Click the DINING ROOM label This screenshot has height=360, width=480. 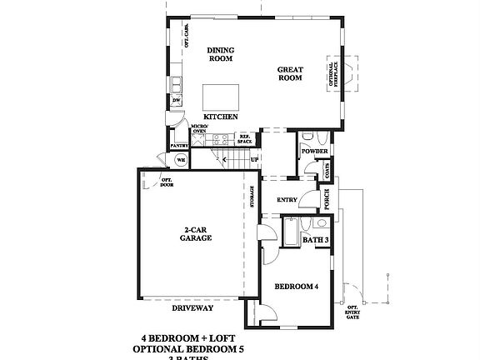221,54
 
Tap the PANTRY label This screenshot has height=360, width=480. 179,146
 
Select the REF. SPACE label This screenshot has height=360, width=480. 245,140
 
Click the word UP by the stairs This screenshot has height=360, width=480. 254,159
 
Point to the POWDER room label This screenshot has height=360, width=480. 315,152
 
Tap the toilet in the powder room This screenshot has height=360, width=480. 308,137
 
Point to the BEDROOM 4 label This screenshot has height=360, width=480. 297,287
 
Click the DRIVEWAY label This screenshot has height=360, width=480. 192,307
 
